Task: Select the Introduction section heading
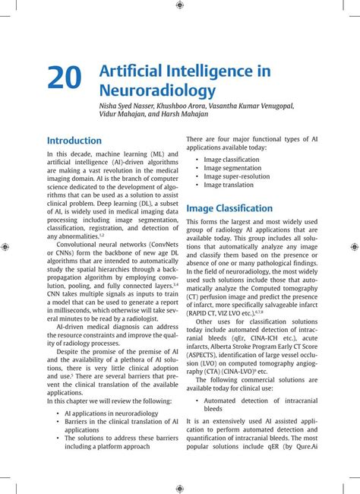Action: (x=74, y=141)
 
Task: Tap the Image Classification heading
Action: (x=229, y=208)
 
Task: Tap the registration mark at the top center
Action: (x=179, y=5)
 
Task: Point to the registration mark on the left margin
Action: (x=5, y=247)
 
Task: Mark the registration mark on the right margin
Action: (x=354, y=247)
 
